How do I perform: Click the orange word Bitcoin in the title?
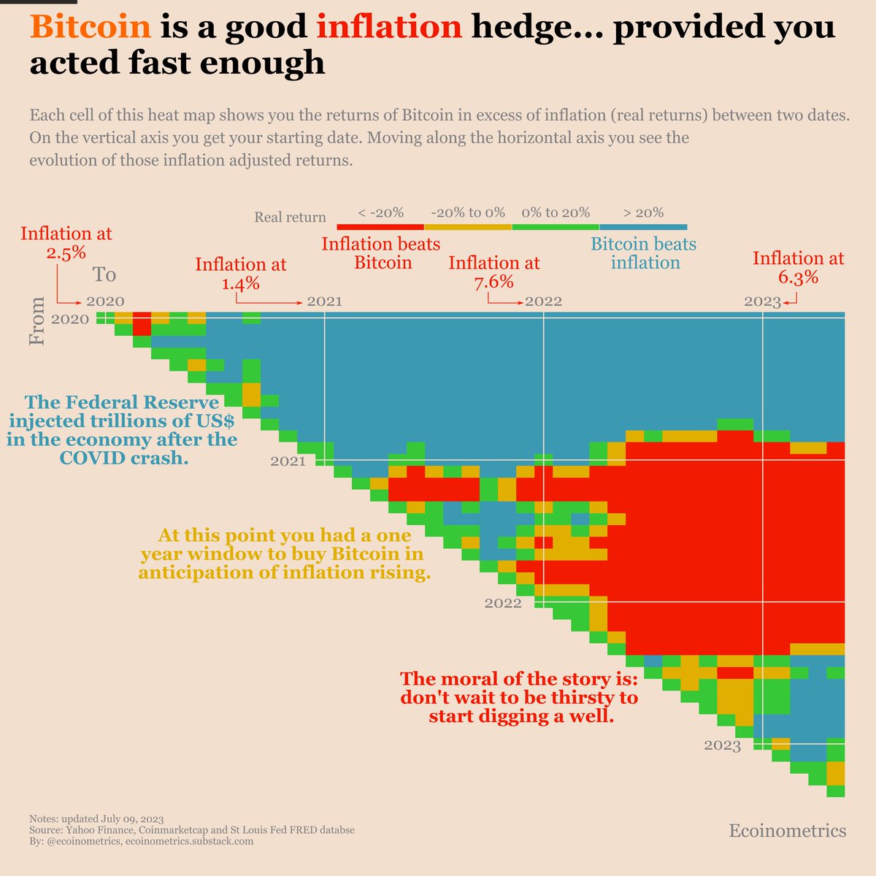pyautogui.click(x=91, y=28)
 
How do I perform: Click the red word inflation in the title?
pyautogui.click(x=389, y=28)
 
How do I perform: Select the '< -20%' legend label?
pyautogui.click(x=380, y=213)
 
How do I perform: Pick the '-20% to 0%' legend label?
pyautogui.click(x=468, y=213)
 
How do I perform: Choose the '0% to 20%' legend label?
pyautogui.click(x=556, y=213)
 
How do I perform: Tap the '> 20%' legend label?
pyautogui.click(x=643, y=213)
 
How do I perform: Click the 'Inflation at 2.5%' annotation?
pyautogui.click(x=66, y=243)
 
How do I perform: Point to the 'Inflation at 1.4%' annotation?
pyautogui.click(x=240, y=274)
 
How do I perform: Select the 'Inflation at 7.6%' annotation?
pyautogui.click(x=493, y=272)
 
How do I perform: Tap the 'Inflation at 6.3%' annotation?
pyautogui.click(x=798, y=267)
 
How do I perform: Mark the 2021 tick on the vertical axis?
pyautogui.click(x=288, y=461)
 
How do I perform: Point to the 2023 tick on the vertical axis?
pyautogui.click(x=722, y=745)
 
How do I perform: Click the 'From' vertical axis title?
pyautogui.click(x=37, y=321)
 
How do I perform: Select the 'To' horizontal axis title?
pyautogui.click(x=104, y=275)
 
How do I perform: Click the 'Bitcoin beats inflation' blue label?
pyautogui.click(x=643, y=253)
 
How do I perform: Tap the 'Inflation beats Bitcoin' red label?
pyautogui.click(x=381, y=253)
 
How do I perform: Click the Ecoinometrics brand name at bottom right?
pyautogui.click(x=787, y=831)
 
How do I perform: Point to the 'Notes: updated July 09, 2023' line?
pyautogui.click(x=92, y=819)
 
